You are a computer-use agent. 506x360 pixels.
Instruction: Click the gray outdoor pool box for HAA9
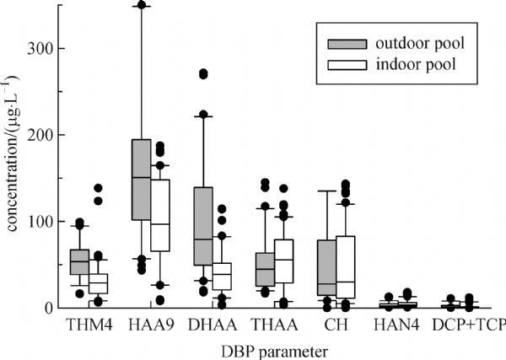[x=141, y=180]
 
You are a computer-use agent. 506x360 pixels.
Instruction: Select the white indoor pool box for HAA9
[x=159, y=215]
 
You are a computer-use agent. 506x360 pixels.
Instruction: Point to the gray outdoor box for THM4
[x=79, y=261]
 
